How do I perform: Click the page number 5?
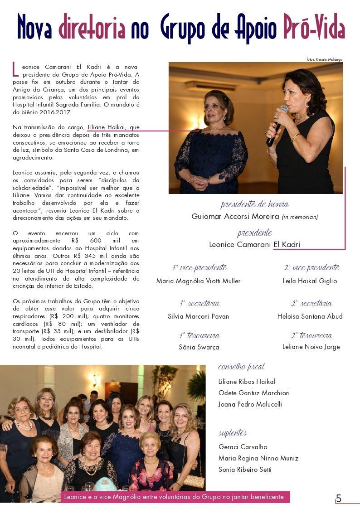339,499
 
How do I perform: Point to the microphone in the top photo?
277,125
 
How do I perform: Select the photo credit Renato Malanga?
324,59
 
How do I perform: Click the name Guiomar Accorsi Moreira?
235,217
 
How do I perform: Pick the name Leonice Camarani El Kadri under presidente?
254,244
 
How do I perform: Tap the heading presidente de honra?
254,204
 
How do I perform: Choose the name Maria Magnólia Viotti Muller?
198,281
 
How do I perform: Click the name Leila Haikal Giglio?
310,281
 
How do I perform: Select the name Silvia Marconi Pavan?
198,316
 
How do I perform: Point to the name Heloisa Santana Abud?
310,316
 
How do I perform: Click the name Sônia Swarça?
199,347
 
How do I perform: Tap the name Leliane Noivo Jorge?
311,347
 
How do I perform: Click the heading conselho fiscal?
241,367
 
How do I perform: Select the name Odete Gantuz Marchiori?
254,393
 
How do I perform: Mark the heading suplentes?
233,433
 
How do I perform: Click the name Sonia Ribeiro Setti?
245,470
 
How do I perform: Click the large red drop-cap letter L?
15,69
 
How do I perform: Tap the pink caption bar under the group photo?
175,497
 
